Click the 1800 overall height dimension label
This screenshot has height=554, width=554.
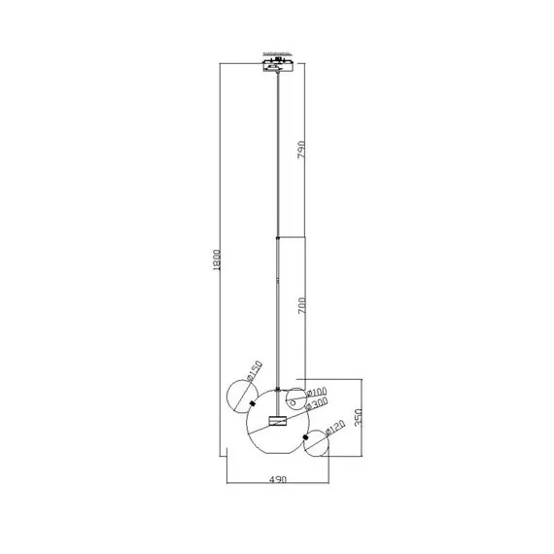(x=219, y=260)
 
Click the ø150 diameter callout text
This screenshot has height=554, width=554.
(x=255, y=373)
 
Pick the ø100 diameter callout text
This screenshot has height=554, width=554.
(x=317, y=394)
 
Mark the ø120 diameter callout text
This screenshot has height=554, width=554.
(x=333, y=427)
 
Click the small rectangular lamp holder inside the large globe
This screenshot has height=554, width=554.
(x=279, y=421)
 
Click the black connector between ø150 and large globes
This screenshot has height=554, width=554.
(x=254, y=403)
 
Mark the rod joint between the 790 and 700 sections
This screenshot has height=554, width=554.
(x=279, y=236)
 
